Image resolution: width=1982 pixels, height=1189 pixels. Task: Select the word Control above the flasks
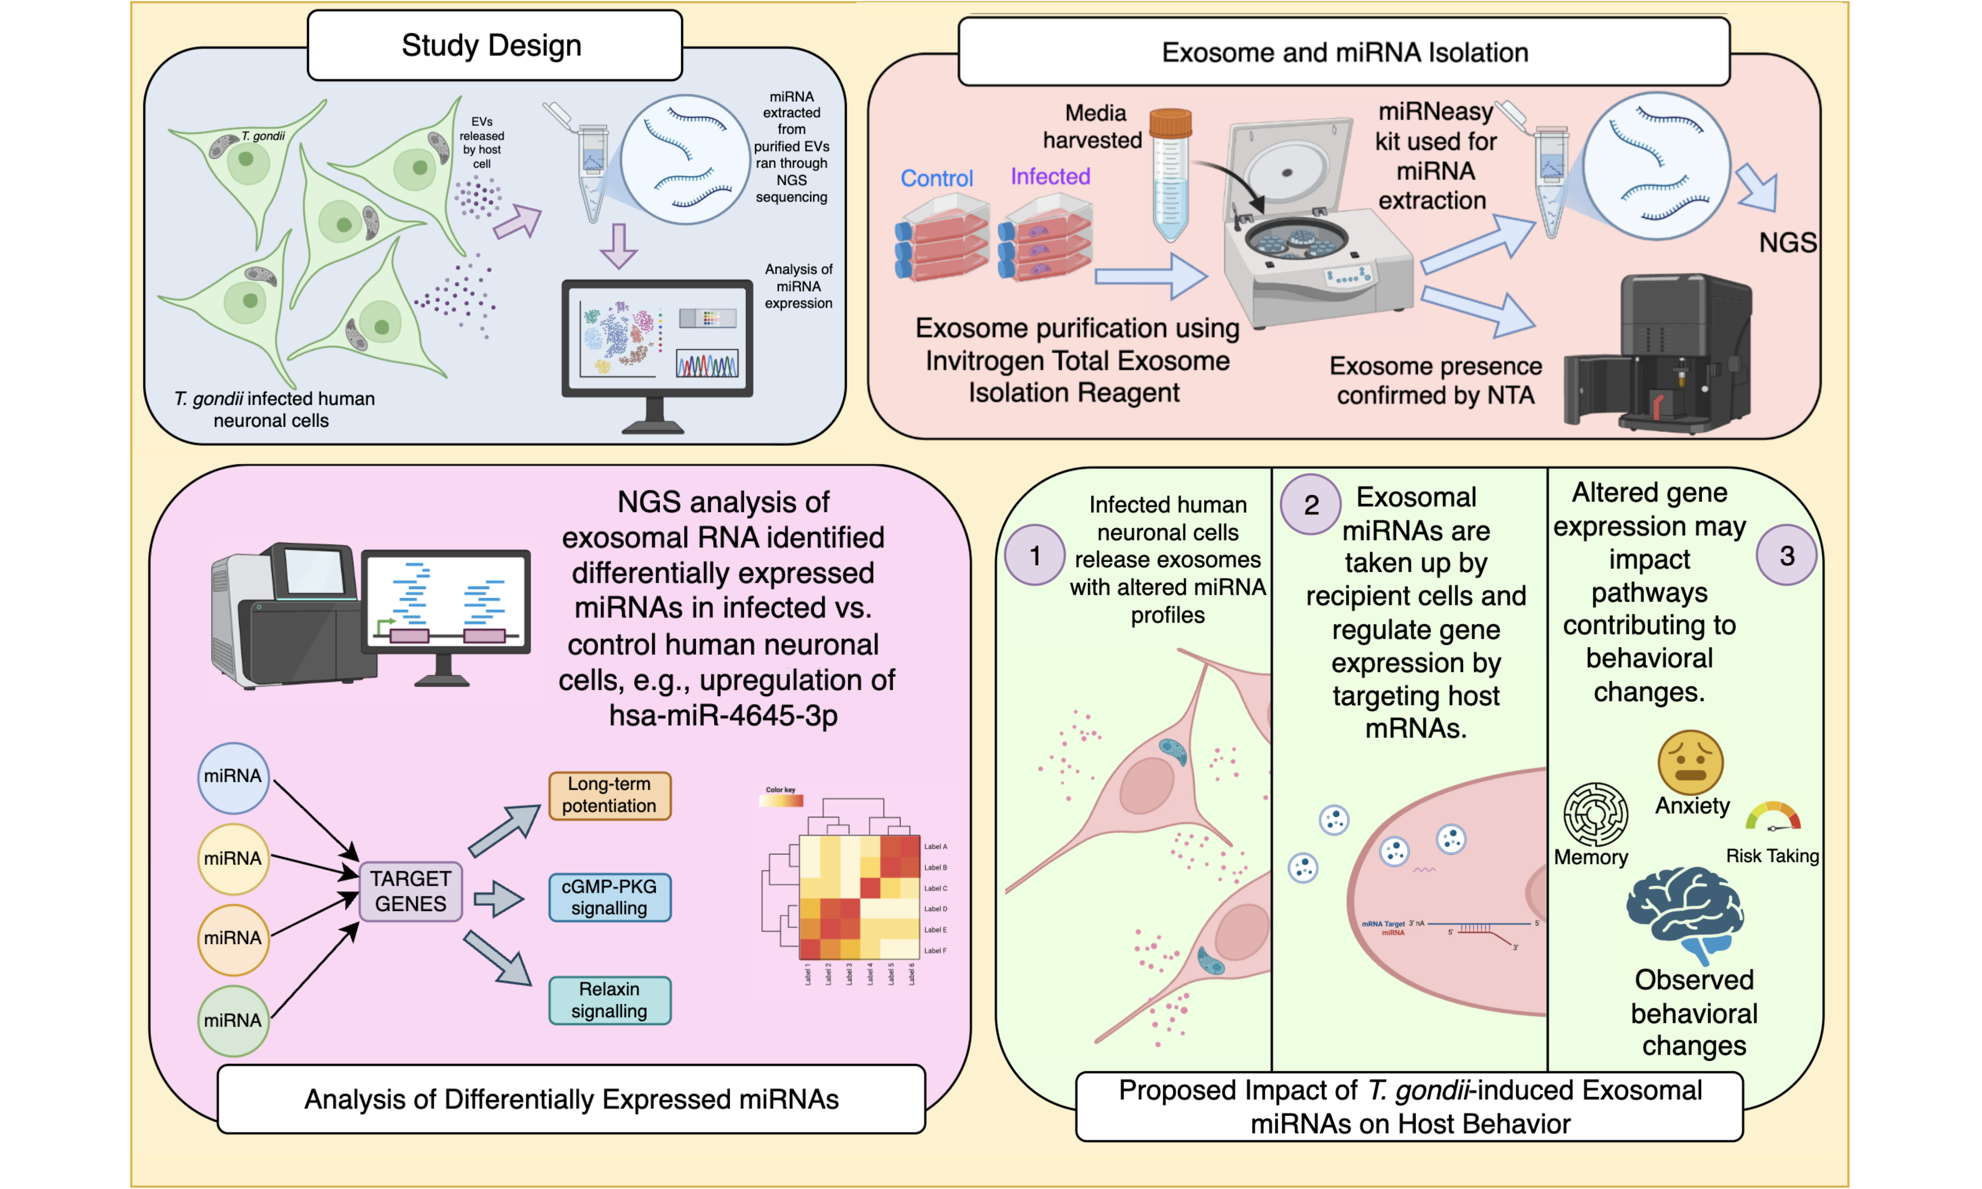(x=936, y=178)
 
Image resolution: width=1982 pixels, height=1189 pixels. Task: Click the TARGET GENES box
(x=410, y=891)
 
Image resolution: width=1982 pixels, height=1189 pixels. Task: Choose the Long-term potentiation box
(x=609, y=795)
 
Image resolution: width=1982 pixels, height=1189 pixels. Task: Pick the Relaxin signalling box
(x=609, y=1000)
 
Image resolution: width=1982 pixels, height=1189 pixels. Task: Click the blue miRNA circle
(x=232, y=776)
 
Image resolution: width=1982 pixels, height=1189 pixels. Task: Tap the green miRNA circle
(x=232, y=1020)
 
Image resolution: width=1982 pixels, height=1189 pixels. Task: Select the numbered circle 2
(x=1311, y=505)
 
